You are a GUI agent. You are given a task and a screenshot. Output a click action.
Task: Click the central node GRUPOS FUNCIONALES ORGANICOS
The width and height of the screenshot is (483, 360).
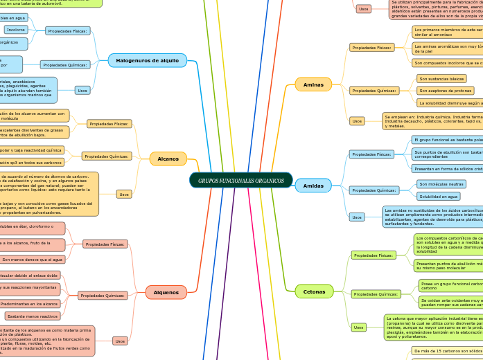(x=240, y=181)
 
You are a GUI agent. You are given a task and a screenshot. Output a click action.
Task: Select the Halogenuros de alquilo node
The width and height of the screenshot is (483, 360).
(x=148, y=60)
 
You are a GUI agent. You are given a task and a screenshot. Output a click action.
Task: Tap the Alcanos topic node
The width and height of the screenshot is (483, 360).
(x=168, y=159)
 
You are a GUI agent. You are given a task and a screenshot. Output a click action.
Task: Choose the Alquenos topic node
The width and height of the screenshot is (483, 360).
(x=166, y=292)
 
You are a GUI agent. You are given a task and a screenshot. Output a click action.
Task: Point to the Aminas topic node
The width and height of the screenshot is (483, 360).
(x=313, y=84)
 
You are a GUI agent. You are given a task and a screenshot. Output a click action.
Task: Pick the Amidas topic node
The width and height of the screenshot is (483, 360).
(x=313, y=186)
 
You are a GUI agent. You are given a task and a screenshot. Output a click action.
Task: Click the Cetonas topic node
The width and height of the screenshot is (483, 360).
(x=313, y=291)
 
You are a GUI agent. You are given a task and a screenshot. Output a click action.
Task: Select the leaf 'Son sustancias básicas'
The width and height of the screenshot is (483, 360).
(x=441, y=79)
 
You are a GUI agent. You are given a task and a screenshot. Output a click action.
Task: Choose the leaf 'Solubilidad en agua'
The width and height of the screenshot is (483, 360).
(x=439, y=197)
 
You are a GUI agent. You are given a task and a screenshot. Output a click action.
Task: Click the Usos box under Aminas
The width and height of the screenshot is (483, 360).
(x=357, y=120)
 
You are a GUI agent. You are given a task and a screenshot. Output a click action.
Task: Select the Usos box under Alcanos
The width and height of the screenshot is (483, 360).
(x=124, y=194)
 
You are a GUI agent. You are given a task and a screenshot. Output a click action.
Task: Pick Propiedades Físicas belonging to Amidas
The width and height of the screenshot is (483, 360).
(x=371, y=154)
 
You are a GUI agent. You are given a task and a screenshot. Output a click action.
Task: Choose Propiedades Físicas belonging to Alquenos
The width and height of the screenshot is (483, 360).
(x=105, y=244)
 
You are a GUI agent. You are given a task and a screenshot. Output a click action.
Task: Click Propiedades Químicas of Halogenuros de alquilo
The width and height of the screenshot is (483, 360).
(x=65, y=64)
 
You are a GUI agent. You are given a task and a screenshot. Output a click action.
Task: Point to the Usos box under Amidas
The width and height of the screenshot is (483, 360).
(x=357, y=217)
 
